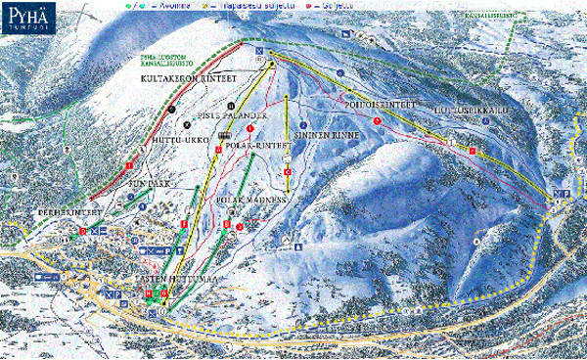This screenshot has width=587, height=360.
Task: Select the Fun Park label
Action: tap(151, 182)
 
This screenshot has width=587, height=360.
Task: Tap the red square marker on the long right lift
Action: tap(471, 152)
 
